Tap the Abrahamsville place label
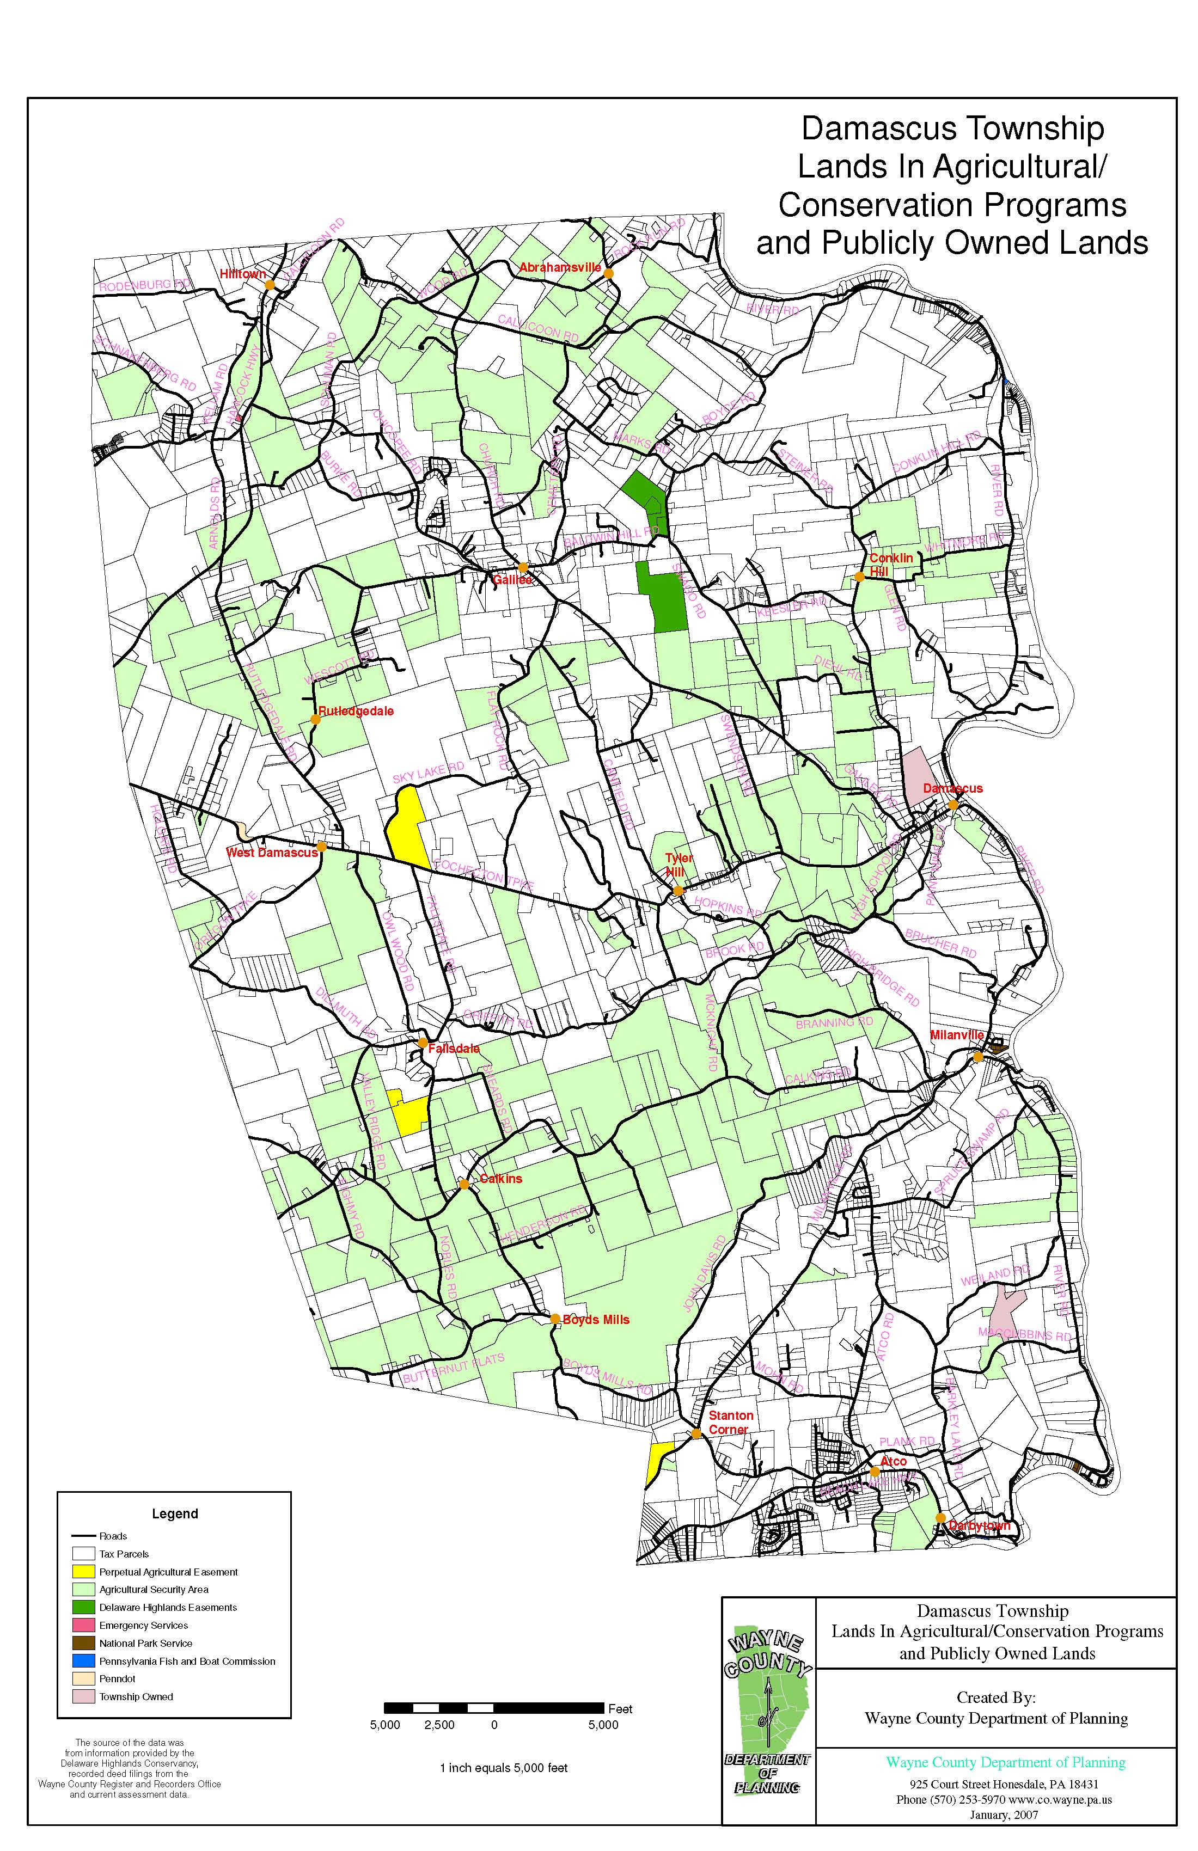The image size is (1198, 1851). pos(560,267)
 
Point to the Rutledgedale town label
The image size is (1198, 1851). pos(356,711)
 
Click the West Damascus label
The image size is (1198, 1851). pos(272,853)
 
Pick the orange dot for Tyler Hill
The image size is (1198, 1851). pos(677,891)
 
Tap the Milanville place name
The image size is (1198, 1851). pos(957,1035)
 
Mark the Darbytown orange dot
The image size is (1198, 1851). pos(940,1517)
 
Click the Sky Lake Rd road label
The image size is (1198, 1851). pos(428,773)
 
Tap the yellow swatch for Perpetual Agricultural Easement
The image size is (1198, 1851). pos(83,1572)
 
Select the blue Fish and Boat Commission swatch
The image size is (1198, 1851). pos(83,1661)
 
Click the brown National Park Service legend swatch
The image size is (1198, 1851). pos(83,1644)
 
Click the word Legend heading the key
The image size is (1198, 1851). pos(174,1513)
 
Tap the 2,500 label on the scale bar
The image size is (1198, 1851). pos(439,1725)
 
